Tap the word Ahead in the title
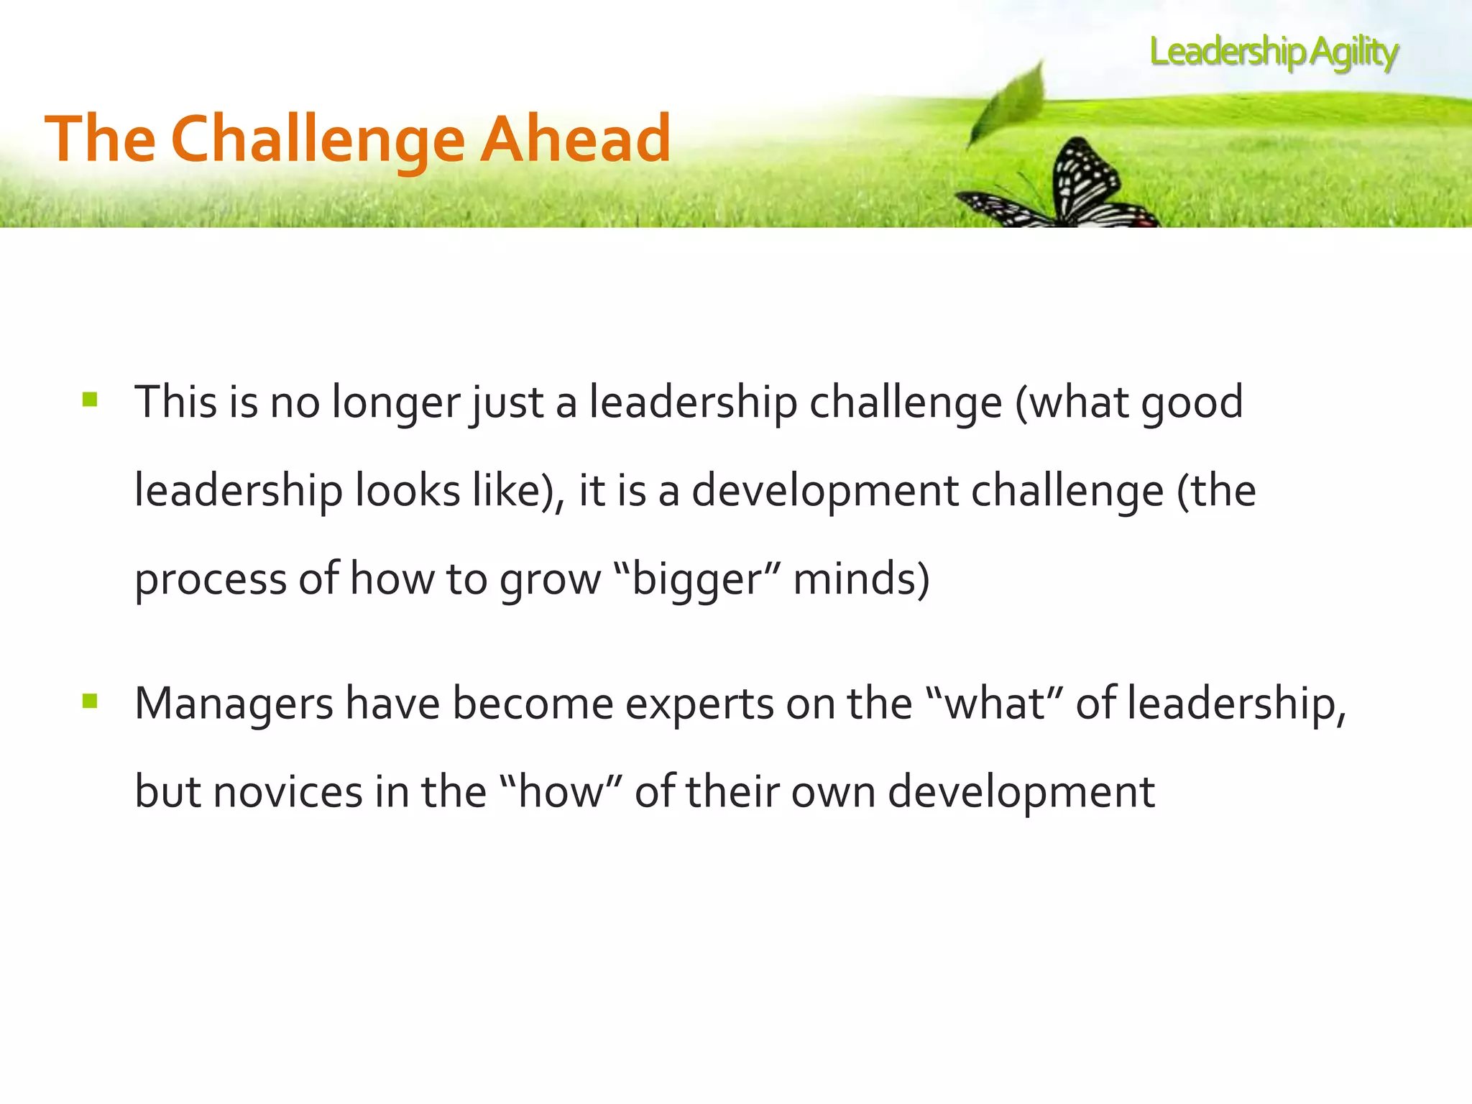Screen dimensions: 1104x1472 click(x=575, y=138)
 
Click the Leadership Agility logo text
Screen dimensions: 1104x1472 click(x=1274, y=52)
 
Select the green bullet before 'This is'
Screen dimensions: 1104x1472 click(x=90, y=400)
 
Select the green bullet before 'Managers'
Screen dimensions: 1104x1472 click(x=90, y=701)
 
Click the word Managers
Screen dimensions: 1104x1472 click(x=234, y=704)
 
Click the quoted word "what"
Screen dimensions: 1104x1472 click(x=994, y=703)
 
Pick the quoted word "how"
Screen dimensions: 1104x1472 click(x=559, y=791)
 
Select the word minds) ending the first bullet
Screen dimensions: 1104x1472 click(x=861, y=579)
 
